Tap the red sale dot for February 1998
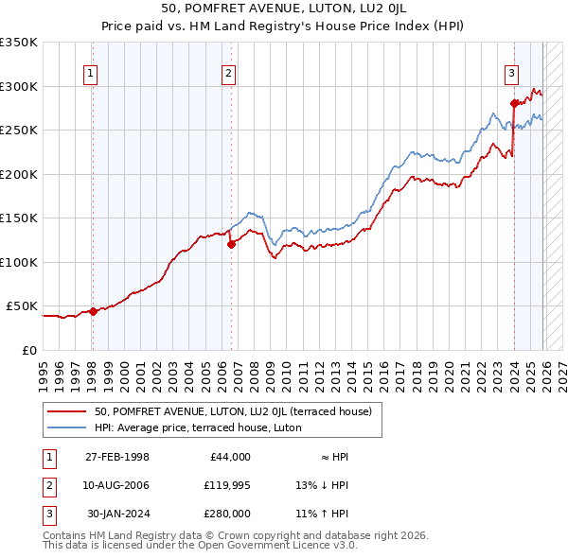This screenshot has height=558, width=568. tap(93, 311)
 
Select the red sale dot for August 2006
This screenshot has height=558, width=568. tap(231, 244)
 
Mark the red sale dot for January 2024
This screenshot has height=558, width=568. tap(514, 103)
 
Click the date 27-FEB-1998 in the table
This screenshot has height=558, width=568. tap(117, 457)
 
